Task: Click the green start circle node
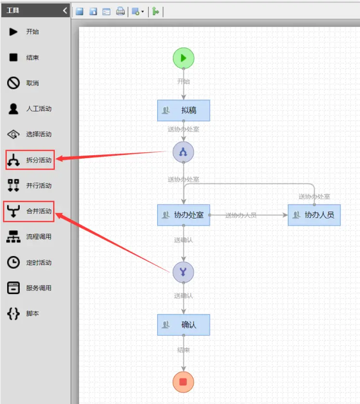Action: point(184,58)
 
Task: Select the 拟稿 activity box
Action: point(184,110)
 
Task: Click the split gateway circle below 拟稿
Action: point(183,152)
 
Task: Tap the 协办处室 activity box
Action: point(184,215)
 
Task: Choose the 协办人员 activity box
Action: point(314,215)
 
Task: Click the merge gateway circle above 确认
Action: point(183,272)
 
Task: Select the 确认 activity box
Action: point(184,325)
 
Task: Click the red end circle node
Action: point(183,382)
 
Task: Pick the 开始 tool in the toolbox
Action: point(29,32)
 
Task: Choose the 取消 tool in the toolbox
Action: point(29,83)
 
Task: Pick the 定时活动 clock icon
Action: point(13,262)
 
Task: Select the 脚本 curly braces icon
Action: point(13,313)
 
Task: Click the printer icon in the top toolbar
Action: point(120,12)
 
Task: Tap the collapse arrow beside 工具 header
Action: point(65,10)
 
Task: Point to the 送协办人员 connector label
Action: point(241,215)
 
